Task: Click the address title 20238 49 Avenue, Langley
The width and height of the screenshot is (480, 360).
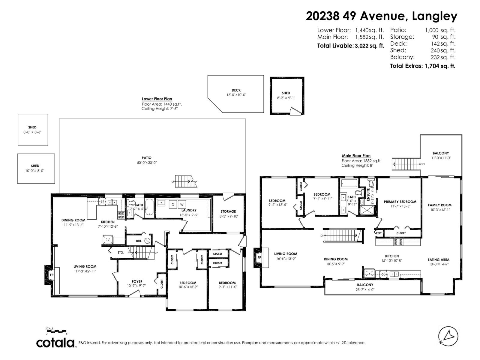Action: point(381,16)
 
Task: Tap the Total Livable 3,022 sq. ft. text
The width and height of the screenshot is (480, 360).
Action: point(350,46)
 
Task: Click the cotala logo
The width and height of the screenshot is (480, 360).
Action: point(56,343)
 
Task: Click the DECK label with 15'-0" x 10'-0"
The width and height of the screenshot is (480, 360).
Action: point(236,90)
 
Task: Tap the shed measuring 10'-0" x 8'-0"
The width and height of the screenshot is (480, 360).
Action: point(35,168)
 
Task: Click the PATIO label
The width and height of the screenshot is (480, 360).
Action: point(146,158)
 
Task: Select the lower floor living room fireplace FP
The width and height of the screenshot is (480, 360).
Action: point(51,274)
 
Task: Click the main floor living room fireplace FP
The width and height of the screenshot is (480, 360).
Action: point(259,257)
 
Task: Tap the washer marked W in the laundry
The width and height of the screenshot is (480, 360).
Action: point(182,205)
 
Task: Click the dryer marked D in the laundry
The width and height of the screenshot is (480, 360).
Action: point(173,205)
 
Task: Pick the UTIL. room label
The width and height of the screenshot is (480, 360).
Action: point(139,241)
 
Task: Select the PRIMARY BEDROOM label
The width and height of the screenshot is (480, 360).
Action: point(400,202)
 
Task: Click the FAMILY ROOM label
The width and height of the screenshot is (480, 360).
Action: point(439,205)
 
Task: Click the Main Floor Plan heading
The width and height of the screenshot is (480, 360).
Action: point(356,156)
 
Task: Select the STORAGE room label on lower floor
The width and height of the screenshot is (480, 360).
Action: point(228,211)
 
